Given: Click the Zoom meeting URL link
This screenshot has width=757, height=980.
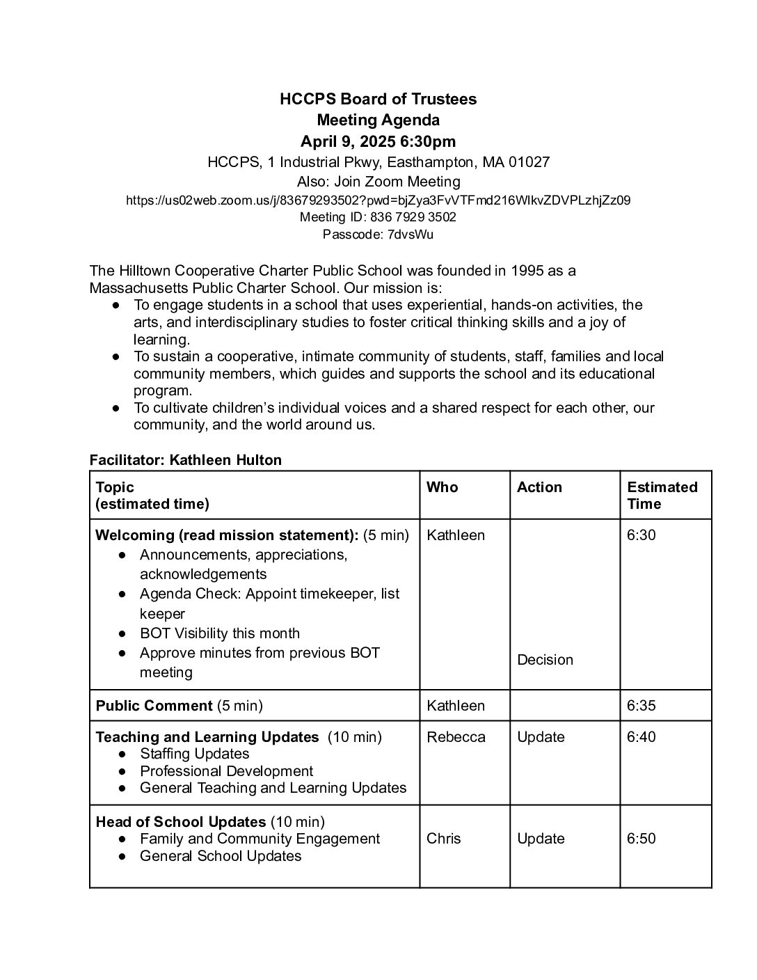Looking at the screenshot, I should pos(378,200).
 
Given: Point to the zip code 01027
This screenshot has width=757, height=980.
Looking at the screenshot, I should pos(529,162).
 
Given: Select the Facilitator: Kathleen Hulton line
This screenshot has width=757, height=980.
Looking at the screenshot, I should pos(186,460).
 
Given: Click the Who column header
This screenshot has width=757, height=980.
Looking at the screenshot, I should pos(443,487).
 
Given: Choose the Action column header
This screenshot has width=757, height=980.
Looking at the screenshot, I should pos(539,487).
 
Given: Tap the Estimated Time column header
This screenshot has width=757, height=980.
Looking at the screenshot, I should pos(662,496).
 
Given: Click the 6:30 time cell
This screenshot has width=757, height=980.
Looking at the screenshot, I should pos(642,535).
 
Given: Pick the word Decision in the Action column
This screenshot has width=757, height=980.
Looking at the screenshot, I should pos(545,660).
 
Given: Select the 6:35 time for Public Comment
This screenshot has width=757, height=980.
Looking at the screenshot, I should pos(642,706).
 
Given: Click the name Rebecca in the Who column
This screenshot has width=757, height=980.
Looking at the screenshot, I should pos(456,737).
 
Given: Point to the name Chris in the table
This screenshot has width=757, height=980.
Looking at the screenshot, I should pos(444,839).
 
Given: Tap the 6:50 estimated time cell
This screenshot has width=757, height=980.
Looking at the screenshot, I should pos(642,839).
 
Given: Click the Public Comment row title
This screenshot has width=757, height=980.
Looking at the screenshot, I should pos(154,706).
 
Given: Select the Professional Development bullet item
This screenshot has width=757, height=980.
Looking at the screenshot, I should pos(226,771).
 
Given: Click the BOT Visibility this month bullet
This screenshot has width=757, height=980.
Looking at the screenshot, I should pos(220,633).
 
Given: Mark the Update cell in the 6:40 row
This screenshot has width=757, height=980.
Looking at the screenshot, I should pos(541,737).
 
